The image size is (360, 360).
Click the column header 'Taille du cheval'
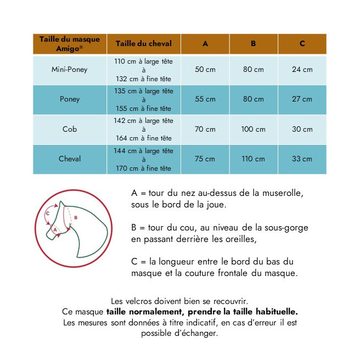144,43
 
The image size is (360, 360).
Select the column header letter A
205,43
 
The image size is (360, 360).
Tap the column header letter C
302,43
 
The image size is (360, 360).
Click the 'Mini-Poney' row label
69,70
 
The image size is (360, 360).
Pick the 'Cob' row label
69,129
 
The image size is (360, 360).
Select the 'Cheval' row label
69,159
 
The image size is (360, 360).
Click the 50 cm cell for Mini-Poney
205,70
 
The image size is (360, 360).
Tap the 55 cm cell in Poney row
205,99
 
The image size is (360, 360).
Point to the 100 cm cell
253,129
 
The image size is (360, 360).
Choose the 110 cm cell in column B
253,159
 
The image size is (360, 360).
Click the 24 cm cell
302,70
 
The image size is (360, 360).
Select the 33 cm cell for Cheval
302,159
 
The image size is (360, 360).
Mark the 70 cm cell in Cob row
205,129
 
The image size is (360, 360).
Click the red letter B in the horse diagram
76,218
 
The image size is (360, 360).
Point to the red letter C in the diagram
48,212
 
